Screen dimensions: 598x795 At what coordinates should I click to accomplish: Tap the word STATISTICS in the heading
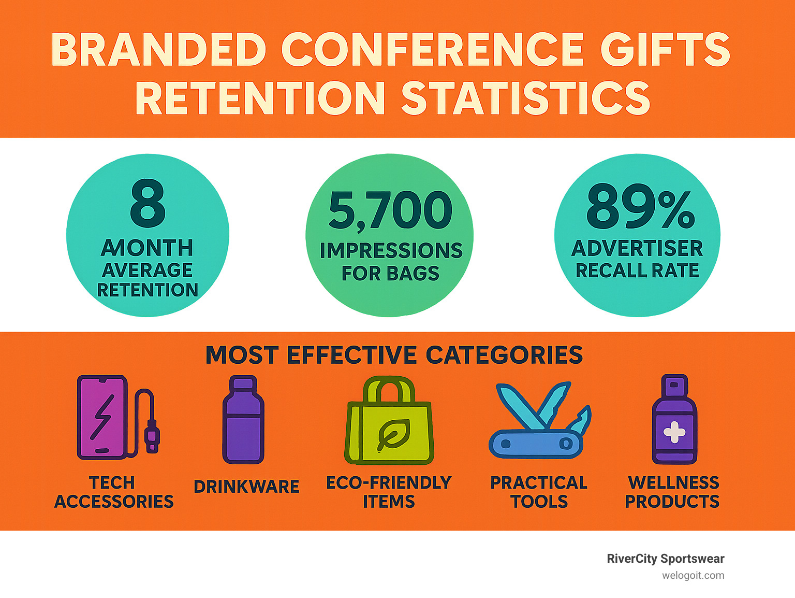525,98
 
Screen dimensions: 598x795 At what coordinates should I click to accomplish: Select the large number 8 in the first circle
148,204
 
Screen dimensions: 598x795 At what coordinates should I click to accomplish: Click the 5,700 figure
390,210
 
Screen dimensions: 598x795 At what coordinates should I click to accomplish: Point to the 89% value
640,207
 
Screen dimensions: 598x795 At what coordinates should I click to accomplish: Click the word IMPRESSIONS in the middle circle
391,251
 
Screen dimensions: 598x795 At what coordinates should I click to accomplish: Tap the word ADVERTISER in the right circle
637,249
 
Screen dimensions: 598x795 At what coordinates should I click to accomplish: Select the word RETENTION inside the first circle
148,290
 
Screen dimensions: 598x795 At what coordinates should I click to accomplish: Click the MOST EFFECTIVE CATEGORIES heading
394,355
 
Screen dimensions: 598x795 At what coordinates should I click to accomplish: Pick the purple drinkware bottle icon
243,420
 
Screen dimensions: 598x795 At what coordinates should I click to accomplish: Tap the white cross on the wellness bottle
674,432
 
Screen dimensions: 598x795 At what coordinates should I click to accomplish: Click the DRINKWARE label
246,487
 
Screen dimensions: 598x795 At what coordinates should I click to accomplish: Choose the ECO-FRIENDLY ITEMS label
389,492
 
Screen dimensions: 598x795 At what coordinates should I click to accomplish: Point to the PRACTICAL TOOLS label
539,492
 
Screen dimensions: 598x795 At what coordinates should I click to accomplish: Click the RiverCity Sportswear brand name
665,559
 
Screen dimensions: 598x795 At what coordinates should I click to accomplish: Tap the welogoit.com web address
693,575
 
